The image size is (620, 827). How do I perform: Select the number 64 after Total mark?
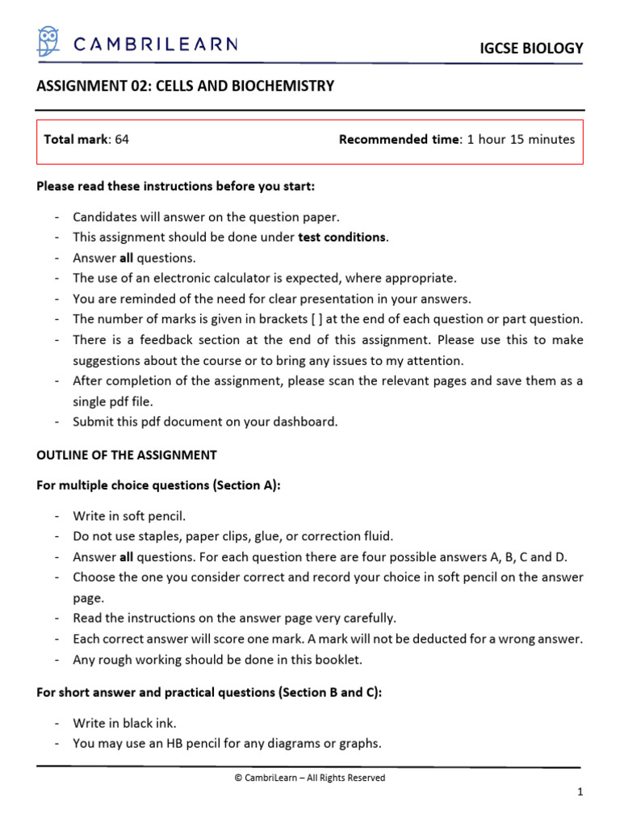pyautogui.click(x=122, y=139)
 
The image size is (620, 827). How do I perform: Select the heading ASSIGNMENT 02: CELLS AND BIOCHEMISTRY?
pyautogui.click(x=185, y=86)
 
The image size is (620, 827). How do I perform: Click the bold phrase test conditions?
pyautogui.click(x=342, y=237)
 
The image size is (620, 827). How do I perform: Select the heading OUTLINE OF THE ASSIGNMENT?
pyautogui.click(x=127, y=455)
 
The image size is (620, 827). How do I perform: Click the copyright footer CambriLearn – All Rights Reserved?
pyautogui.click(x=309, y=778)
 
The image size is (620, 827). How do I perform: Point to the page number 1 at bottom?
pyautogui.click(x=580, y=793)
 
